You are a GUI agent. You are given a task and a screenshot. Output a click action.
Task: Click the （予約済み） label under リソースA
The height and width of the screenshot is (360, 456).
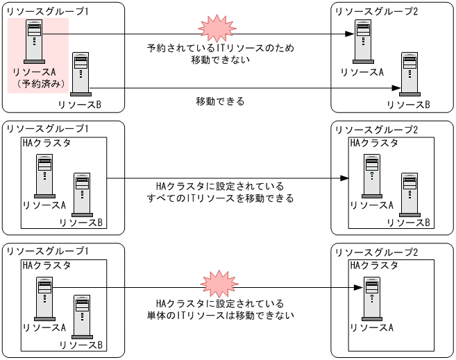click(x=41, y=84)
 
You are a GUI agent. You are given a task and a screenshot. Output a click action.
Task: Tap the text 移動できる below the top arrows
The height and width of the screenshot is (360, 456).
click(x=221, y=101)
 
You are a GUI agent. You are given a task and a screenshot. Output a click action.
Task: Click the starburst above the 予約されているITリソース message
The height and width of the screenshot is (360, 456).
click(x=213, y=28)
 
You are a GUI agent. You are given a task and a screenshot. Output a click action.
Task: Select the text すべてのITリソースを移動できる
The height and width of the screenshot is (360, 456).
click(x=221, y=198)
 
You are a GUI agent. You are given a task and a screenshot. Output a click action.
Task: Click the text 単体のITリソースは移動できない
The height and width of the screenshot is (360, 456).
click(x=221, y=316)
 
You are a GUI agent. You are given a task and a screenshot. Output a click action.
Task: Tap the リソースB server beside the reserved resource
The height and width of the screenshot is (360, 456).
click(x=82, y=73)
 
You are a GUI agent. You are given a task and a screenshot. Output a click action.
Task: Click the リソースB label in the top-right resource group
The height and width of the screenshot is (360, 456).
click(x=408, y=104)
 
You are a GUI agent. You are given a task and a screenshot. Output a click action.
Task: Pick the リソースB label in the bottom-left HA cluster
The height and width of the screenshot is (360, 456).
click(x=81, y=345)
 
